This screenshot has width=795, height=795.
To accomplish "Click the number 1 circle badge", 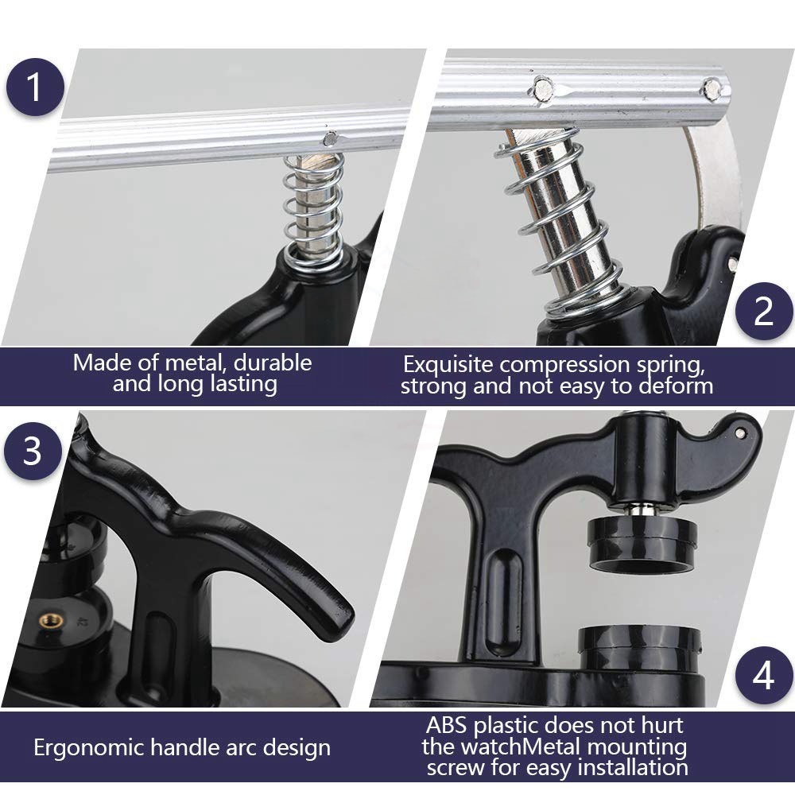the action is [35, 87].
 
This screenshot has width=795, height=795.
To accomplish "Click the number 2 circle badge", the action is [763, 312].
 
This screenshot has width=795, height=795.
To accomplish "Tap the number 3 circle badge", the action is [33, 451].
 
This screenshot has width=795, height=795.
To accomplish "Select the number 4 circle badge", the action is [763, 675].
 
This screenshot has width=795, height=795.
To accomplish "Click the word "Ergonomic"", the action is [88, 748].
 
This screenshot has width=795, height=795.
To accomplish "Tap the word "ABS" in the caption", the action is [446, 726].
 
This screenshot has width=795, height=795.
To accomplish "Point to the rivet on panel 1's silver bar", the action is [330, 138].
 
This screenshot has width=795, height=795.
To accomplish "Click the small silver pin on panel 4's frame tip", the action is [740, 432].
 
